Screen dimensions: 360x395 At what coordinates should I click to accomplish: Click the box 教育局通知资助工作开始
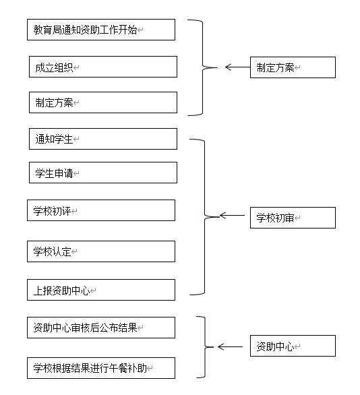(101, 30)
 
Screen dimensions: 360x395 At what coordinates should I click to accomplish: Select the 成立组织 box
(103, 67)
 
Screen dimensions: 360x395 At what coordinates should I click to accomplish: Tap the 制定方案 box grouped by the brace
(103, 102)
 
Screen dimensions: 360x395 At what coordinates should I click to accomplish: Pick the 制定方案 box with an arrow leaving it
(293, 67)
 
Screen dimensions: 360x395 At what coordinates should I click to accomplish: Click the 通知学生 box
(103, 139)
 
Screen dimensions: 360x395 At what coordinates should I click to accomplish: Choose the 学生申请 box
(103, 173)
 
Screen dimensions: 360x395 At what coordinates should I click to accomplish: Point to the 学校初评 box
(101, 210)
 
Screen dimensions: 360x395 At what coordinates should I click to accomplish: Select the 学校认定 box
(101, 251)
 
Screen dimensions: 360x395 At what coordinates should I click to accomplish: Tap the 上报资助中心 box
(101, 290)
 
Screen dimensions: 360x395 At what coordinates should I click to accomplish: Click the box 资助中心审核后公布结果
(101, 328)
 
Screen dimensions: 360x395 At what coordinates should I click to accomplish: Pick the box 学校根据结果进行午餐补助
(101, 368)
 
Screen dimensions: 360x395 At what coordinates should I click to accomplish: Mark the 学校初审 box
(293, 218)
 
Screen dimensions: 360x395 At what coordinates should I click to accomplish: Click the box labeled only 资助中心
(293, 346)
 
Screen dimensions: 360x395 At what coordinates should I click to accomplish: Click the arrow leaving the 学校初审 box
(232, 216)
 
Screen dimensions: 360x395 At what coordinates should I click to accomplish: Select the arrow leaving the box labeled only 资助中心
(231, 347)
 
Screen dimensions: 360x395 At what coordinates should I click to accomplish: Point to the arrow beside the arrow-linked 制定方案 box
(237, 67)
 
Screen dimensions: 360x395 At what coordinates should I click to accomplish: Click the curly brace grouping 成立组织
(202, 67)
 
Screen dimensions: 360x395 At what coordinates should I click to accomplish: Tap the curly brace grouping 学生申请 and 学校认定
(204, 216)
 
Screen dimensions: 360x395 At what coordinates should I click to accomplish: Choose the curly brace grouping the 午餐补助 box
(205, 347)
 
